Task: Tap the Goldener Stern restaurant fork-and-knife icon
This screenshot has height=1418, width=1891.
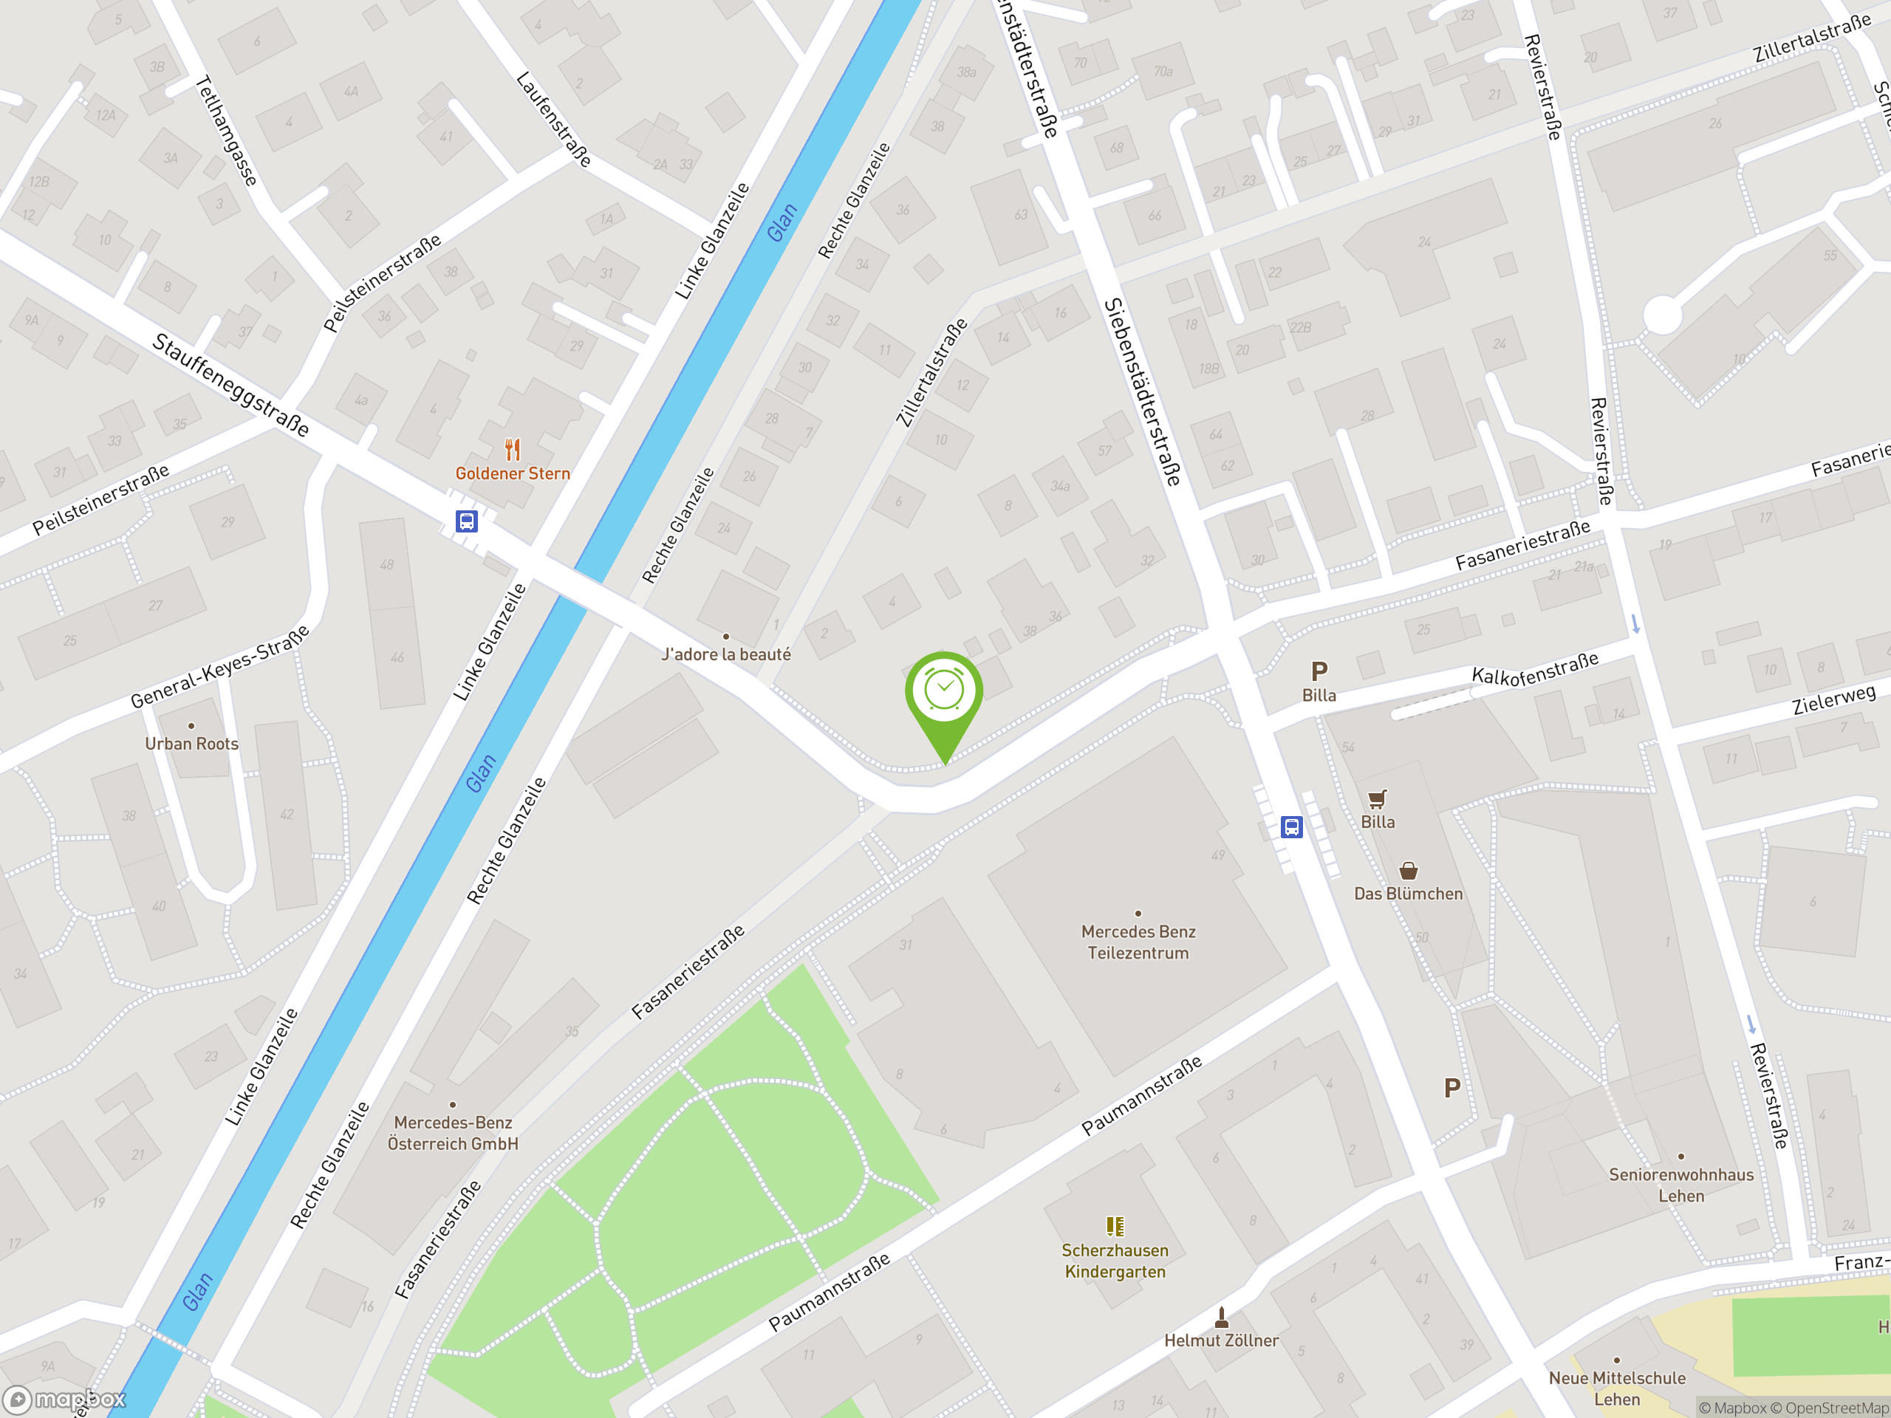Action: coord(512,450)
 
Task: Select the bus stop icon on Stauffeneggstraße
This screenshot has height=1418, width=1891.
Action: coord(466,521)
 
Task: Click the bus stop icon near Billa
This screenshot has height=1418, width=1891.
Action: coord(1291,826)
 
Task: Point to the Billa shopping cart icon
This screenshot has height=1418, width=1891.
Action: coord(1376,799)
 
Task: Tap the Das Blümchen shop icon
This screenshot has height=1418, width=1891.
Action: coord(1408,871)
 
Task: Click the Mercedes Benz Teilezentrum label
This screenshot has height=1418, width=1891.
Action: coord(1138,942)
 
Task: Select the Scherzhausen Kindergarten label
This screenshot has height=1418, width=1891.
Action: coord(1115,1261)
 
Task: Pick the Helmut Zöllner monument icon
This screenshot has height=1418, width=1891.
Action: coord(1222,1317)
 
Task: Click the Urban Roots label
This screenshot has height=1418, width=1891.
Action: coord(191,744)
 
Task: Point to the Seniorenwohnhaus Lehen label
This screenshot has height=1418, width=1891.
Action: coord(1680,1185)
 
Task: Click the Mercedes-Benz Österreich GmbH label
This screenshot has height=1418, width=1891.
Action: coord(452,1132)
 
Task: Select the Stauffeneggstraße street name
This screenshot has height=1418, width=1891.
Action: coord(230,385)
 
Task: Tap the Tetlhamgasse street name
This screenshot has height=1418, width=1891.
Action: coord(227,131)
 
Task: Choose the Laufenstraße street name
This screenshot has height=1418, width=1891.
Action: coord(554,119)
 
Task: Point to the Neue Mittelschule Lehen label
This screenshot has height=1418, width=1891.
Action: coord(1616,1388)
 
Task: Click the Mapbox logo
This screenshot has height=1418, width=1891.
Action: coord(65,1400)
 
